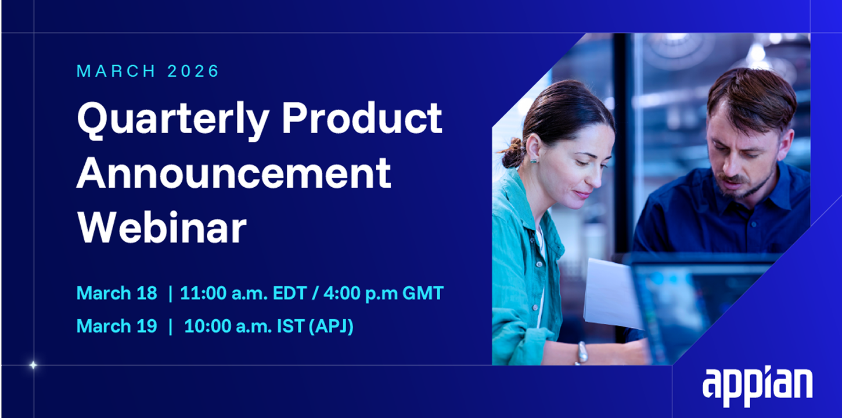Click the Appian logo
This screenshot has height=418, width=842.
[x=757, y=386]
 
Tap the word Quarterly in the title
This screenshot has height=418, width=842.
[x=173, y=120]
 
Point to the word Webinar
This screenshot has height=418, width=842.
[x=161, y=228]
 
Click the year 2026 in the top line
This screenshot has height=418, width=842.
[x=193, y=71]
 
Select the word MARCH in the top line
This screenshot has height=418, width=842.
[x=116, y=71]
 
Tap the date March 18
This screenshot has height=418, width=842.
[x=117, y=293]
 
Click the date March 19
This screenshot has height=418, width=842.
[x=117, y=326]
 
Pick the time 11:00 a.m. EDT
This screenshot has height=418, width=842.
[x=243, y=293]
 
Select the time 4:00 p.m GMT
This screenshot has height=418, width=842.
[x=383, y=293]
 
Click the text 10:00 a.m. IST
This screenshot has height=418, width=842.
[x=244, y=326]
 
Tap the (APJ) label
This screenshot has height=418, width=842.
[x=331, y=326]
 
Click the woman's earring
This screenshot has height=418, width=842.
[x=534, y=160]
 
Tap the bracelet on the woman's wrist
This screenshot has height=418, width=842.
[x=581, y=353]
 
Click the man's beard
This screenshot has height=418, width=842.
[x=746, y=184]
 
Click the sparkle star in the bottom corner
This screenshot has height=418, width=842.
[x=33, y=365]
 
